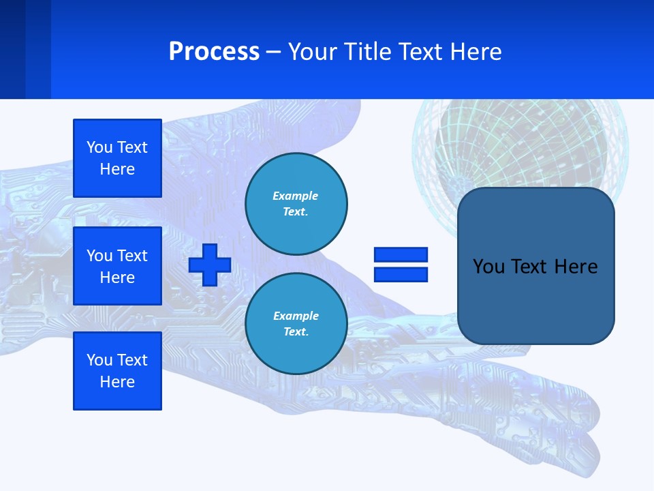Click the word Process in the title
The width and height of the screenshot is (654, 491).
pyautogui.click(x=214, y=52)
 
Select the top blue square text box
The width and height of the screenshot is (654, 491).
pyautogui.click(x=117, y=158)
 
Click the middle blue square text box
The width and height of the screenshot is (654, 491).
pyautogui.click(x=117, y=266)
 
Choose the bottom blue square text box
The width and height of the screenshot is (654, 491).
pyautogui.click(x=117, y=371)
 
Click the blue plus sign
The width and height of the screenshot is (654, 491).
pyautogui.click(x=210, y=265)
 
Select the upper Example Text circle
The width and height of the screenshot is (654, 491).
pyautogui.click(x=296, y=204)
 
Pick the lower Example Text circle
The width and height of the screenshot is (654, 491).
pyautogui.click(x=296, y=324)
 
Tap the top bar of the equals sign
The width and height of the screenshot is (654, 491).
pyautogui.click(x=401, y=254)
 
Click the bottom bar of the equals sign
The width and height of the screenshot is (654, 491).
pyautogui.click(x=401, y=274)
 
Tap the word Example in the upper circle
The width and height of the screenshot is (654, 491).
pyautogui.click(x=296, y=196)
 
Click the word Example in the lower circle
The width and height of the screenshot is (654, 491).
pyautogui.click(x=296, y=316)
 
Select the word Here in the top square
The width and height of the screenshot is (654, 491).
pyautogui.click(x=117, y=169)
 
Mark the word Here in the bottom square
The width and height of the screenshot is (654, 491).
pyautogui.click(x=117, y=382)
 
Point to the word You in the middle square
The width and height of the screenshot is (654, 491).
pyautogui.click(x=99, y=256)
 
